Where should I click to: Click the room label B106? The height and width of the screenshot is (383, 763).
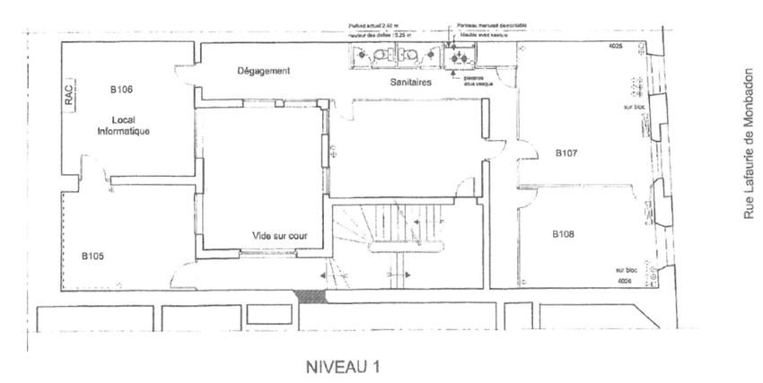point(121,90)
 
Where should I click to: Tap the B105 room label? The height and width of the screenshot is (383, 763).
point(92,256)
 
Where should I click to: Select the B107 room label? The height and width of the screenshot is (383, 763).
point(566,153)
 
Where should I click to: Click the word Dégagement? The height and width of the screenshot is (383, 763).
point(263,71)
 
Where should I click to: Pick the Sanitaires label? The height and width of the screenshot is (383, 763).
point(412,82)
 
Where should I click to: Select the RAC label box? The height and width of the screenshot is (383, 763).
point(69,97)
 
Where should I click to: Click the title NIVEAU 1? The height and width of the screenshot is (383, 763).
point(343,366)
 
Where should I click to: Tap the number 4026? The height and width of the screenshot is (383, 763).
point(625,281)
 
